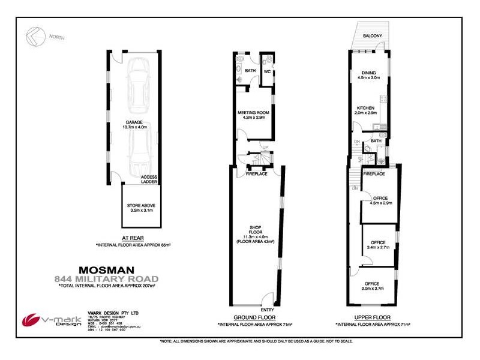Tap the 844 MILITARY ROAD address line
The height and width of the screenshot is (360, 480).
[x=106, y=278]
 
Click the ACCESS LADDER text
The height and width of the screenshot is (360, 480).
[x=150, y=179]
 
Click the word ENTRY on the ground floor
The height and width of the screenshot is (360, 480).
[x=267, y=310]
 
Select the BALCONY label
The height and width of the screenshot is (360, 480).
[x=373, y=36]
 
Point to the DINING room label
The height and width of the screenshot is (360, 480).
[x=369, y=73]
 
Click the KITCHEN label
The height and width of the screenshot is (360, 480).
[x=365, y=108]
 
